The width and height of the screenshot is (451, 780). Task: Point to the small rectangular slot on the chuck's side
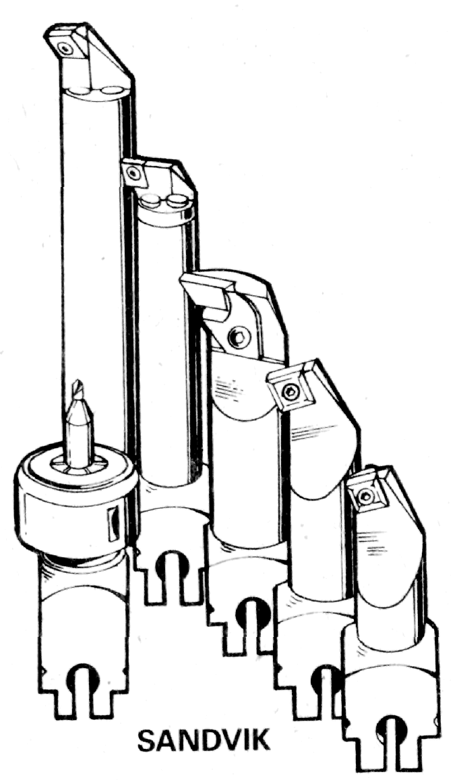coord(113,525)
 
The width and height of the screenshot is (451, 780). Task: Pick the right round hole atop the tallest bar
coord(113,90)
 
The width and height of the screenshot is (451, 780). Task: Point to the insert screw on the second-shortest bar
coord(289,393)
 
